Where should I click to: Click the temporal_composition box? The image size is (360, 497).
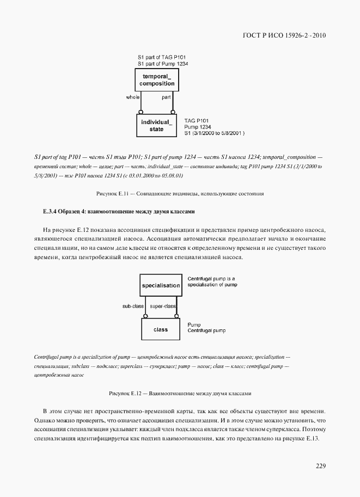pos(157,79)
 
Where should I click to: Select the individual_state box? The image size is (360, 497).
pos(156,125)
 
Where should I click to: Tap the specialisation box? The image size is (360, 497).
pos(160,285)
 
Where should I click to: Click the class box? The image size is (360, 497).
pos(160,329)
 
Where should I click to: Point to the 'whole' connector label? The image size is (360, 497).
pos(132,97)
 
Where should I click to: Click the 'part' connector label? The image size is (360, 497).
pos(168,97)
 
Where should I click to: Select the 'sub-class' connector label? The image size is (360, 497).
pos(133,306)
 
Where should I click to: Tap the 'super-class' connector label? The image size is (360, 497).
pos(163,306)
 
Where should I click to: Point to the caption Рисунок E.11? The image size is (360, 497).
pos(180,193)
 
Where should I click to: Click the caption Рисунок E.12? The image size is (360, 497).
pos(180,392)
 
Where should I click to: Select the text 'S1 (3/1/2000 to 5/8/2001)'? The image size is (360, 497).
pos(215,132)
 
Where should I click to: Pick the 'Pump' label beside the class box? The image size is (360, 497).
pos(193,324)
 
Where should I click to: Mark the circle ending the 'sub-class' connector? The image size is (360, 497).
pos(145,316)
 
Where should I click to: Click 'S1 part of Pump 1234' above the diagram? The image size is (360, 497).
pos(163,64)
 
